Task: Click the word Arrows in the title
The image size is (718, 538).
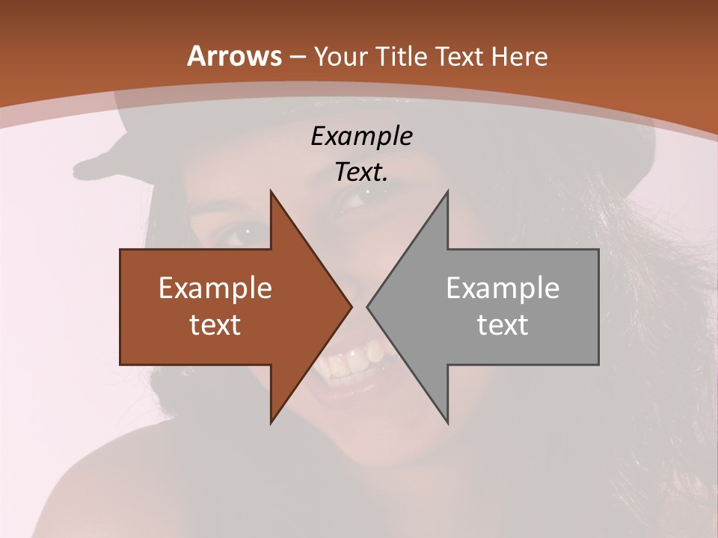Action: [234, 57]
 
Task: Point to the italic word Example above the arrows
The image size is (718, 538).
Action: [361, 137]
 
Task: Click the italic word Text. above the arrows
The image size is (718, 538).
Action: [361, 173]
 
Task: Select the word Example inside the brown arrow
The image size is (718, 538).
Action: [215, 288]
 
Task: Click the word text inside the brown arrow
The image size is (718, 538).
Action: [215, 324]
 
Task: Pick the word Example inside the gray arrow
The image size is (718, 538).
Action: [503, 288]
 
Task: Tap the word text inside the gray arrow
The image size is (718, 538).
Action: [503, 324]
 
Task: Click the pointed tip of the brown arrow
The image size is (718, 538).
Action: [351, 306]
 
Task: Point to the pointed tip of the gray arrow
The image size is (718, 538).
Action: [368, 306]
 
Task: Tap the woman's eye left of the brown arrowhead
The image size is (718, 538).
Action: [244, 235]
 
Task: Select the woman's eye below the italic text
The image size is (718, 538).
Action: [362, 199]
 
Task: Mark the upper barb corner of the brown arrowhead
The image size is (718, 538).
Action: [271, 191]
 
